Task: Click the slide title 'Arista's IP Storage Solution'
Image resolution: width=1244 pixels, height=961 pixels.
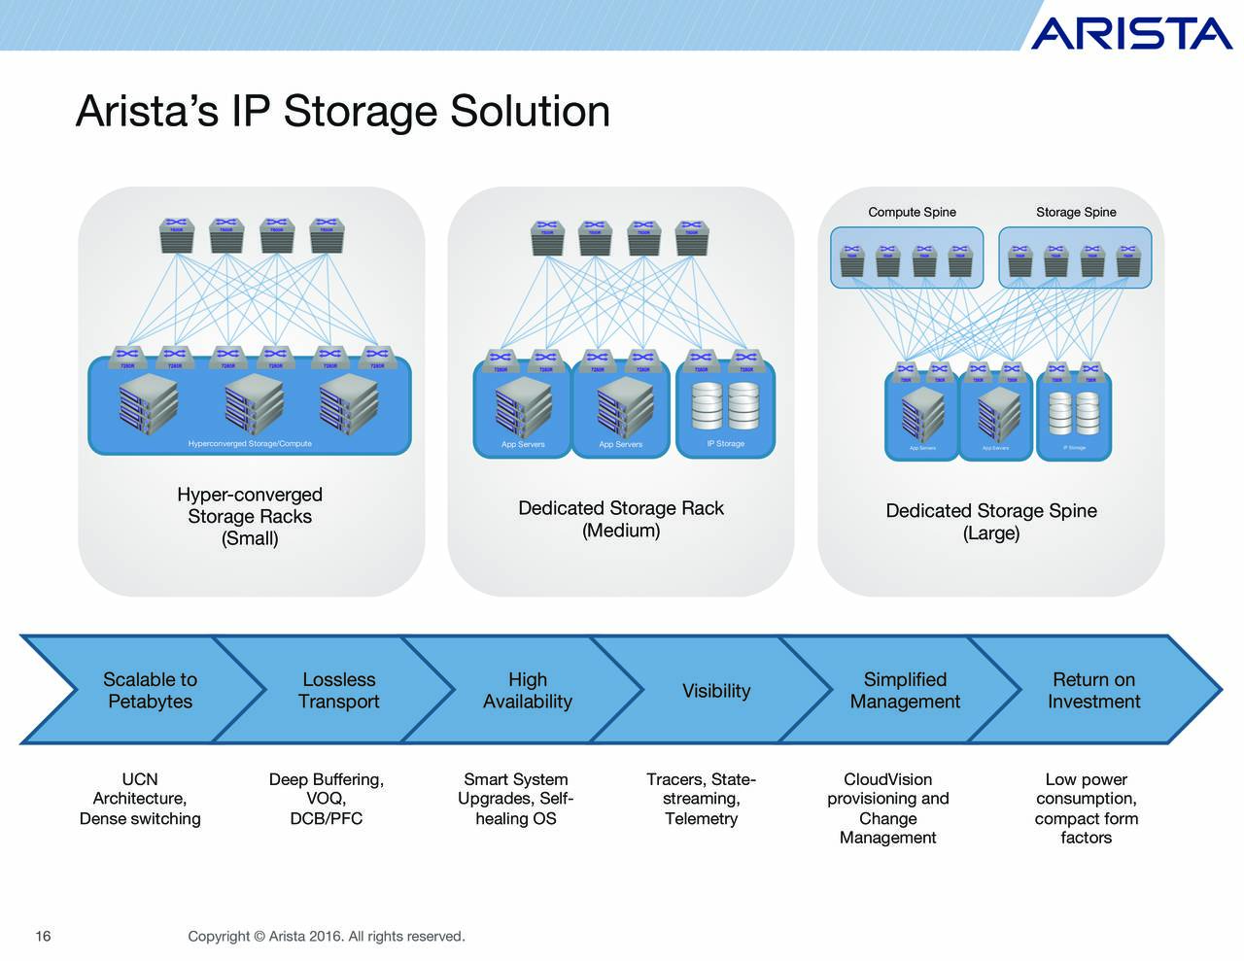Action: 342,111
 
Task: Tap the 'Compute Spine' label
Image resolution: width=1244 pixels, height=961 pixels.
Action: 912,212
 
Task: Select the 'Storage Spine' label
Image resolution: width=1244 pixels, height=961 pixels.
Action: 1076,212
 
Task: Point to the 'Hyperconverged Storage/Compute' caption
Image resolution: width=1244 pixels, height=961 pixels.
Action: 250,444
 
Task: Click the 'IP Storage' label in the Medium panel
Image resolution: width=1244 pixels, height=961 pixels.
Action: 725,444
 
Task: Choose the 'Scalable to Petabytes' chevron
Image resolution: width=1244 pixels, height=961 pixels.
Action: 150,691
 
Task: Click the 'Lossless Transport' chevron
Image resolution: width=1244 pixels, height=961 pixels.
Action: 338,691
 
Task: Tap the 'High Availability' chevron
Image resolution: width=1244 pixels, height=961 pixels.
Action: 527,691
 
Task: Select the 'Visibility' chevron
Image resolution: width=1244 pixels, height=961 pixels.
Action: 716,691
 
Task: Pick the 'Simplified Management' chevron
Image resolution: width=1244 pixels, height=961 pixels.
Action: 904,691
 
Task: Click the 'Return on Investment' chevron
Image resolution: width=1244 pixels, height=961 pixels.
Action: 1093,691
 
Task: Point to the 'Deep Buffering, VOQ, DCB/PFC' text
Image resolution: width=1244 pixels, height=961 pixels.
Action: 327,799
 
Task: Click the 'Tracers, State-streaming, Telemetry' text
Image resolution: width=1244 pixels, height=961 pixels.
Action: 701,799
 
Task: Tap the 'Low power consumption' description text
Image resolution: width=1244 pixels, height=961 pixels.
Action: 1086,808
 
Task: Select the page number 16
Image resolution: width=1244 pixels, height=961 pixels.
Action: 43,936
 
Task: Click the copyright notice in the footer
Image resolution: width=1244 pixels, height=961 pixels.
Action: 327,936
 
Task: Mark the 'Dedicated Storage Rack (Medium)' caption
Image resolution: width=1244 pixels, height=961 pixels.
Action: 621,519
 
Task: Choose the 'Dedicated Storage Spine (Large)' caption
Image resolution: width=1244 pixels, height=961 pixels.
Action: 990,522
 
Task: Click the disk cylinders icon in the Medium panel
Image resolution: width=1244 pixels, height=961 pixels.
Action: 725,405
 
